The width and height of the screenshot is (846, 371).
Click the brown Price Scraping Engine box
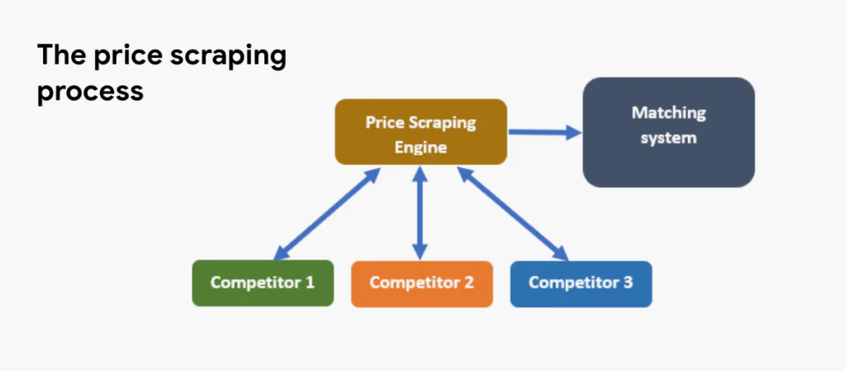click(421, 132)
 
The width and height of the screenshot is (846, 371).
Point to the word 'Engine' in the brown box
click(421, 147)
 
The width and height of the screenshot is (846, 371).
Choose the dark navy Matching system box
click(668, 132)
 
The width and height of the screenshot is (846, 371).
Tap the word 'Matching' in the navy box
click(668, 112)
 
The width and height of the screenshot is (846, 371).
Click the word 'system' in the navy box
click(668, 137)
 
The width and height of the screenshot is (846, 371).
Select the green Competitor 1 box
click(263, 283)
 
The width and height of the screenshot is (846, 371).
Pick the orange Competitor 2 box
click(421, 283)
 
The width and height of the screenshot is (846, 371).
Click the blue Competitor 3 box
click(581, 283)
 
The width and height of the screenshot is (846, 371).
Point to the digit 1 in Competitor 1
click(309, 283)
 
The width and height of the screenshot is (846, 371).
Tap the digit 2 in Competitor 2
click(468, 283)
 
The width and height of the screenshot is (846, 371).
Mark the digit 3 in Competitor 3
click(628, 283)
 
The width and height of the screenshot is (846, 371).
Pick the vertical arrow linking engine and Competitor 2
click(421, 212)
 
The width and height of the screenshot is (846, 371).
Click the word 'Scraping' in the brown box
click(444, 123)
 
